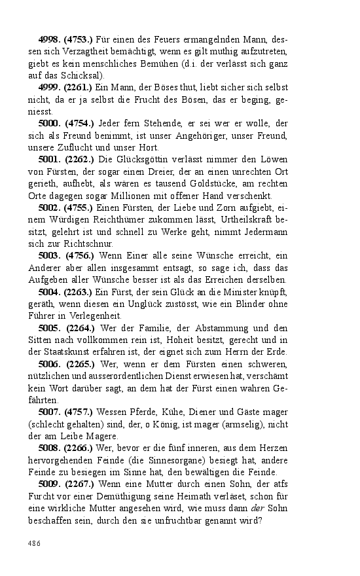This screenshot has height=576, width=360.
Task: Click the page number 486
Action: pos(34,543)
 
